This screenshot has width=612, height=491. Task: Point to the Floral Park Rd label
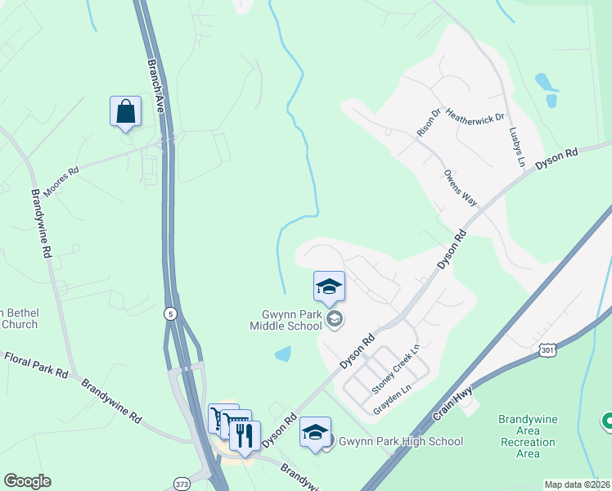37,364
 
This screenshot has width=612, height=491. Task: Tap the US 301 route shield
547,349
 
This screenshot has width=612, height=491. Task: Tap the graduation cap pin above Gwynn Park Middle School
329,286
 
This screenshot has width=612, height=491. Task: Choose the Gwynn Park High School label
401,442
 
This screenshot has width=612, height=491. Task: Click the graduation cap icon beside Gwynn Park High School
315,431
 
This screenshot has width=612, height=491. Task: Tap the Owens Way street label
459,187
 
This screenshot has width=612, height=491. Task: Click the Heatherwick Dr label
474,119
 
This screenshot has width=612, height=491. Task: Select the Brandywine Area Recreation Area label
528,436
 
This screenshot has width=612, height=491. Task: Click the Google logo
27,481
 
